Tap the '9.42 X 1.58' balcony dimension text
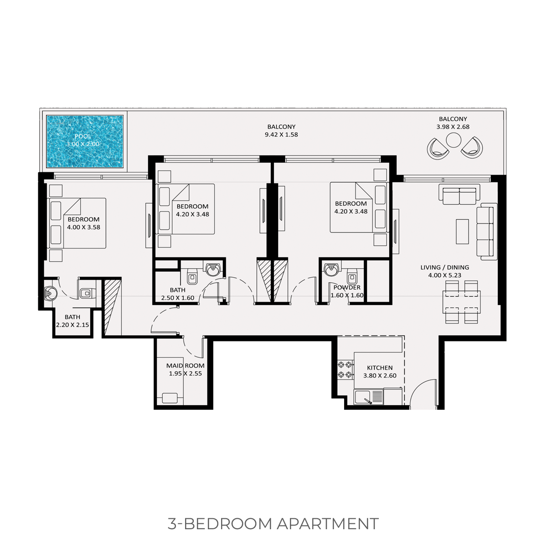281,134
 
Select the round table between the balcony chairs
454,139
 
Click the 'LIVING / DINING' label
444,268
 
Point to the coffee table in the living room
462,232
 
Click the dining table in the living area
462,302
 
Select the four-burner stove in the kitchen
345,370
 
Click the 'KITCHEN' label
380,368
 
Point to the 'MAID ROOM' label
185,366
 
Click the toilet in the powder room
352,276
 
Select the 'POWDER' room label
347,288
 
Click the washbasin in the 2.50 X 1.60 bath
212,269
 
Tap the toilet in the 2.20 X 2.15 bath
86,293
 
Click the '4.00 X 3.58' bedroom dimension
83,227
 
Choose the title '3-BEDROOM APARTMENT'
273,524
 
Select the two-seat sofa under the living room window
459,195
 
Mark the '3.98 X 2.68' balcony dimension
453,127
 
